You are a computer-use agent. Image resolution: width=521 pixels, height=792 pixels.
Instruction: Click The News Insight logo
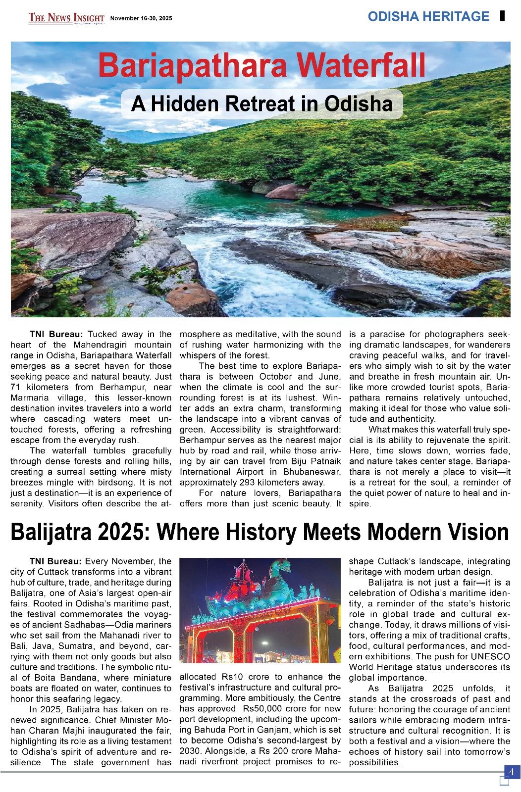(x=66, y=18)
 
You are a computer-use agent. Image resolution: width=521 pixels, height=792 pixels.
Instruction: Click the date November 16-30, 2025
(x=141, y=18)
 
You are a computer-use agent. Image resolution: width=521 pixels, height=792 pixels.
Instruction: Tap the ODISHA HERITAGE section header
(x=428, y=16)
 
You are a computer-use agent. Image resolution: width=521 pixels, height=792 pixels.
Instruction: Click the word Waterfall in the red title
(x=363, y=66)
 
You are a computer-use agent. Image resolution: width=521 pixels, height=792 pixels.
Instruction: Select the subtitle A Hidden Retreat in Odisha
(x=261, y=104)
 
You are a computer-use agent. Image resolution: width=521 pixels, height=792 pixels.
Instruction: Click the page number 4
(x=512, y=772)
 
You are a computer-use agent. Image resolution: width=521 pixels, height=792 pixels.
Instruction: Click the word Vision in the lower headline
(x=478, y=532)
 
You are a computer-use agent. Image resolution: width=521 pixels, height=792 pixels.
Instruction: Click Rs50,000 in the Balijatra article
(x=262, y=708)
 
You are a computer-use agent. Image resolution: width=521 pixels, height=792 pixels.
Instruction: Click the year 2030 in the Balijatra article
(x=190, y=751)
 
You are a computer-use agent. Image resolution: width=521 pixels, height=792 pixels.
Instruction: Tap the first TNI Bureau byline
(x=56, y=334)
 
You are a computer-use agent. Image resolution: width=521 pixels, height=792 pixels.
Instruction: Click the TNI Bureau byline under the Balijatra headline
(x=55, y=561)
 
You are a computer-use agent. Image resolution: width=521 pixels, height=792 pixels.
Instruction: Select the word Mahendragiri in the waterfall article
(x=104, y=345)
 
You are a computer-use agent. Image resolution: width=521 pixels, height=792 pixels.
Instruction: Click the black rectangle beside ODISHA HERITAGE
(x=503, y=16)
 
